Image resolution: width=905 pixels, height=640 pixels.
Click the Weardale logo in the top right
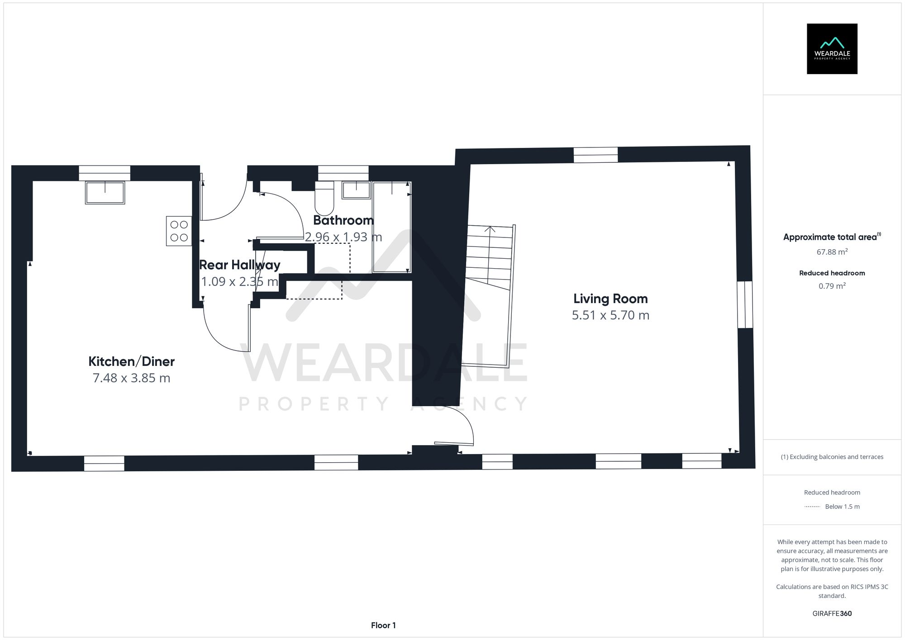point(832,49)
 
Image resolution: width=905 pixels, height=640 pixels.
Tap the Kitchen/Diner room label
point(131,361)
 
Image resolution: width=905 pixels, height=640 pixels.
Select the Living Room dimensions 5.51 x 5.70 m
point(610,315)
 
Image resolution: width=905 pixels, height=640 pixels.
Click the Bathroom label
point(343,220)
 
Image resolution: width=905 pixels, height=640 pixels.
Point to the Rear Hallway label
point(240,265)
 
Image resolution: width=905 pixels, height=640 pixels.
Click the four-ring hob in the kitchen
point(179,231)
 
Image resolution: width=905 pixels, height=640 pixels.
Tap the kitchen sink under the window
point(105,193)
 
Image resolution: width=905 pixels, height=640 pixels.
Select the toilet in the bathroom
point(324,199)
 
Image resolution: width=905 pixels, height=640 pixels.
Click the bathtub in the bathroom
point(391,227)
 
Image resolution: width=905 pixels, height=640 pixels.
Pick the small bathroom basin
point(356,190)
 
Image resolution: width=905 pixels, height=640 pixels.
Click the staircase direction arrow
point(490,229)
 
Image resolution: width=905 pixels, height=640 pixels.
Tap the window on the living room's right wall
point(745,304)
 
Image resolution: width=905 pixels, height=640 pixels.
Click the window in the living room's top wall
point(595,155)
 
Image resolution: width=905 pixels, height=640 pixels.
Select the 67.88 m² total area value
point(832,252)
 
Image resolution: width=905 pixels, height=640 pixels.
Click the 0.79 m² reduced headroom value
point(832,286)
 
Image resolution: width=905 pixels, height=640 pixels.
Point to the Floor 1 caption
point(383,626)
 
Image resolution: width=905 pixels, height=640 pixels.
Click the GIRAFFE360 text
point(832,614)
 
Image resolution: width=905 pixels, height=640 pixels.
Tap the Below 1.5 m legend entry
point(842,507)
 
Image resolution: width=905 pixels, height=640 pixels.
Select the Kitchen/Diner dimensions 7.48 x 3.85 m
point(131,378)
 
